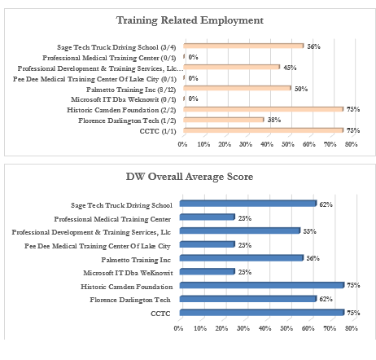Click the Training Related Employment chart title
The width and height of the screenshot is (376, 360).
[190, 20]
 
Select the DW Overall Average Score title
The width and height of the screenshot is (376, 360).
[190, 177]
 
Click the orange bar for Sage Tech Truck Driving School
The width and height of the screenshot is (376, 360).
[243, 46]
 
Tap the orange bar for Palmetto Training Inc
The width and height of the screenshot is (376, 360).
[237, 88]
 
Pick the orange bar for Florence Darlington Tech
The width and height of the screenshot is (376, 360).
[224, 120]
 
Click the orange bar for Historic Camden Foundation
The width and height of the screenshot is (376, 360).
[264, 109]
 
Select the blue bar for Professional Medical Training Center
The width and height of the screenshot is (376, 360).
[208, 217]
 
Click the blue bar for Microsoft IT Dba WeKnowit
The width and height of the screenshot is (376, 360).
[208, 271]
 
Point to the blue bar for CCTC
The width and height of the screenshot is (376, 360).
[262, 313]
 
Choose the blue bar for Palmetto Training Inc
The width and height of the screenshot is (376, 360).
[242, 258]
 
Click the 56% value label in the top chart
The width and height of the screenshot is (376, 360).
[313, 46]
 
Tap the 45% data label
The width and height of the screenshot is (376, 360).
[290, 68]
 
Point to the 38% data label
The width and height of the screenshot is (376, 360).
[274, 120]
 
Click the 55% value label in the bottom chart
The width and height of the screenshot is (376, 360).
[309, 231]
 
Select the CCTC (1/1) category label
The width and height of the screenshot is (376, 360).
[158, 131]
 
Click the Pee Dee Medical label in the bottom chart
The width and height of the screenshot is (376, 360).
[98, 246]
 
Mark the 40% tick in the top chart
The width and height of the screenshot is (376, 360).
[267, 144]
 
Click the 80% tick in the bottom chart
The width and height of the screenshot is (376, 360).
[352, 328]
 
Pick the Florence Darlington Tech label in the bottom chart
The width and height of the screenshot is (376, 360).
[130, 300]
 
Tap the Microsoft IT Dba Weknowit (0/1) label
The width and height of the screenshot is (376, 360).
[124, 99]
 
